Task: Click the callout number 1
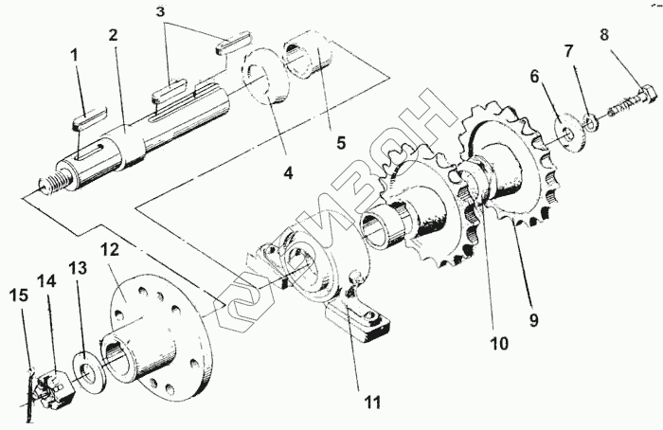pos(75,55)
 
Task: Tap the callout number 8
pos(604,34)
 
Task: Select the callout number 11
pos(372,403)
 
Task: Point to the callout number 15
pos(19,296)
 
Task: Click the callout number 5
pos(341,143)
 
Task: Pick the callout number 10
pos(499,343)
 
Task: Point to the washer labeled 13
pos(87,367)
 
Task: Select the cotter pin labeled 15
pos(28,395)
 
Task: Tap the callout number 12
pos(111,250)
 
